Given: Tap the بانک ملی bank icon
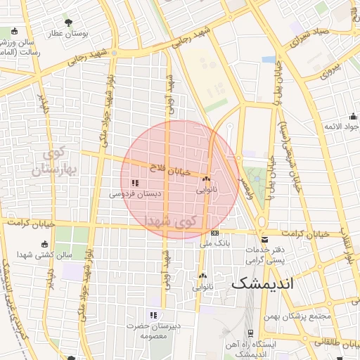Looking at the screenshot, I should click(214, 233).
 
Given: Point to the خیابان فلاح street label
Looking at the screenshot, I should click(171, 169).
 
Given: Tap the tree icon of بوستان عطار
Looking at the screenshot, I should click(68, 22).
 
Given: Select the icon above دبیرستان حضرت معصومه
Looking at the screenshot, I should click(153, 314).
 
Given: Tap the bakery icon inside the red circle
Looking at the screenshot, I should click(206, 180).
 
